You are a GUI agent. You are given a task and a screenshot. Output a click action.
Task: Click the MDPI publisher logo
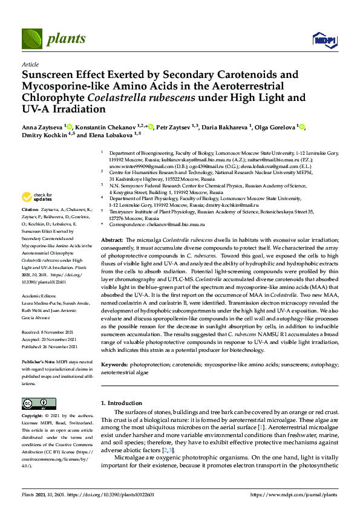(x=324, y=40)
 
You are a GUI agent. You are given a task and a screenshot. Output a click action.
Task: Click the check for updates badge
(x=36, y=197)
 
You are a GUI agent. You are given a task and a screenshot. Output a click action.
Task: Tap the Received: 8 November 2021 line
(x=48, y=332)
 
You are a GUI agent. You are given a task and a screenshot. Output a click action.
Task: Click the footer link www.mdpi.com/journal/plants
(x=297, y=494)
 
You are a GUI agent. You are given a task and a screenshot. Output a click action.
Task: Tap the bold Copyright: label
(x=34, y=417)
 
